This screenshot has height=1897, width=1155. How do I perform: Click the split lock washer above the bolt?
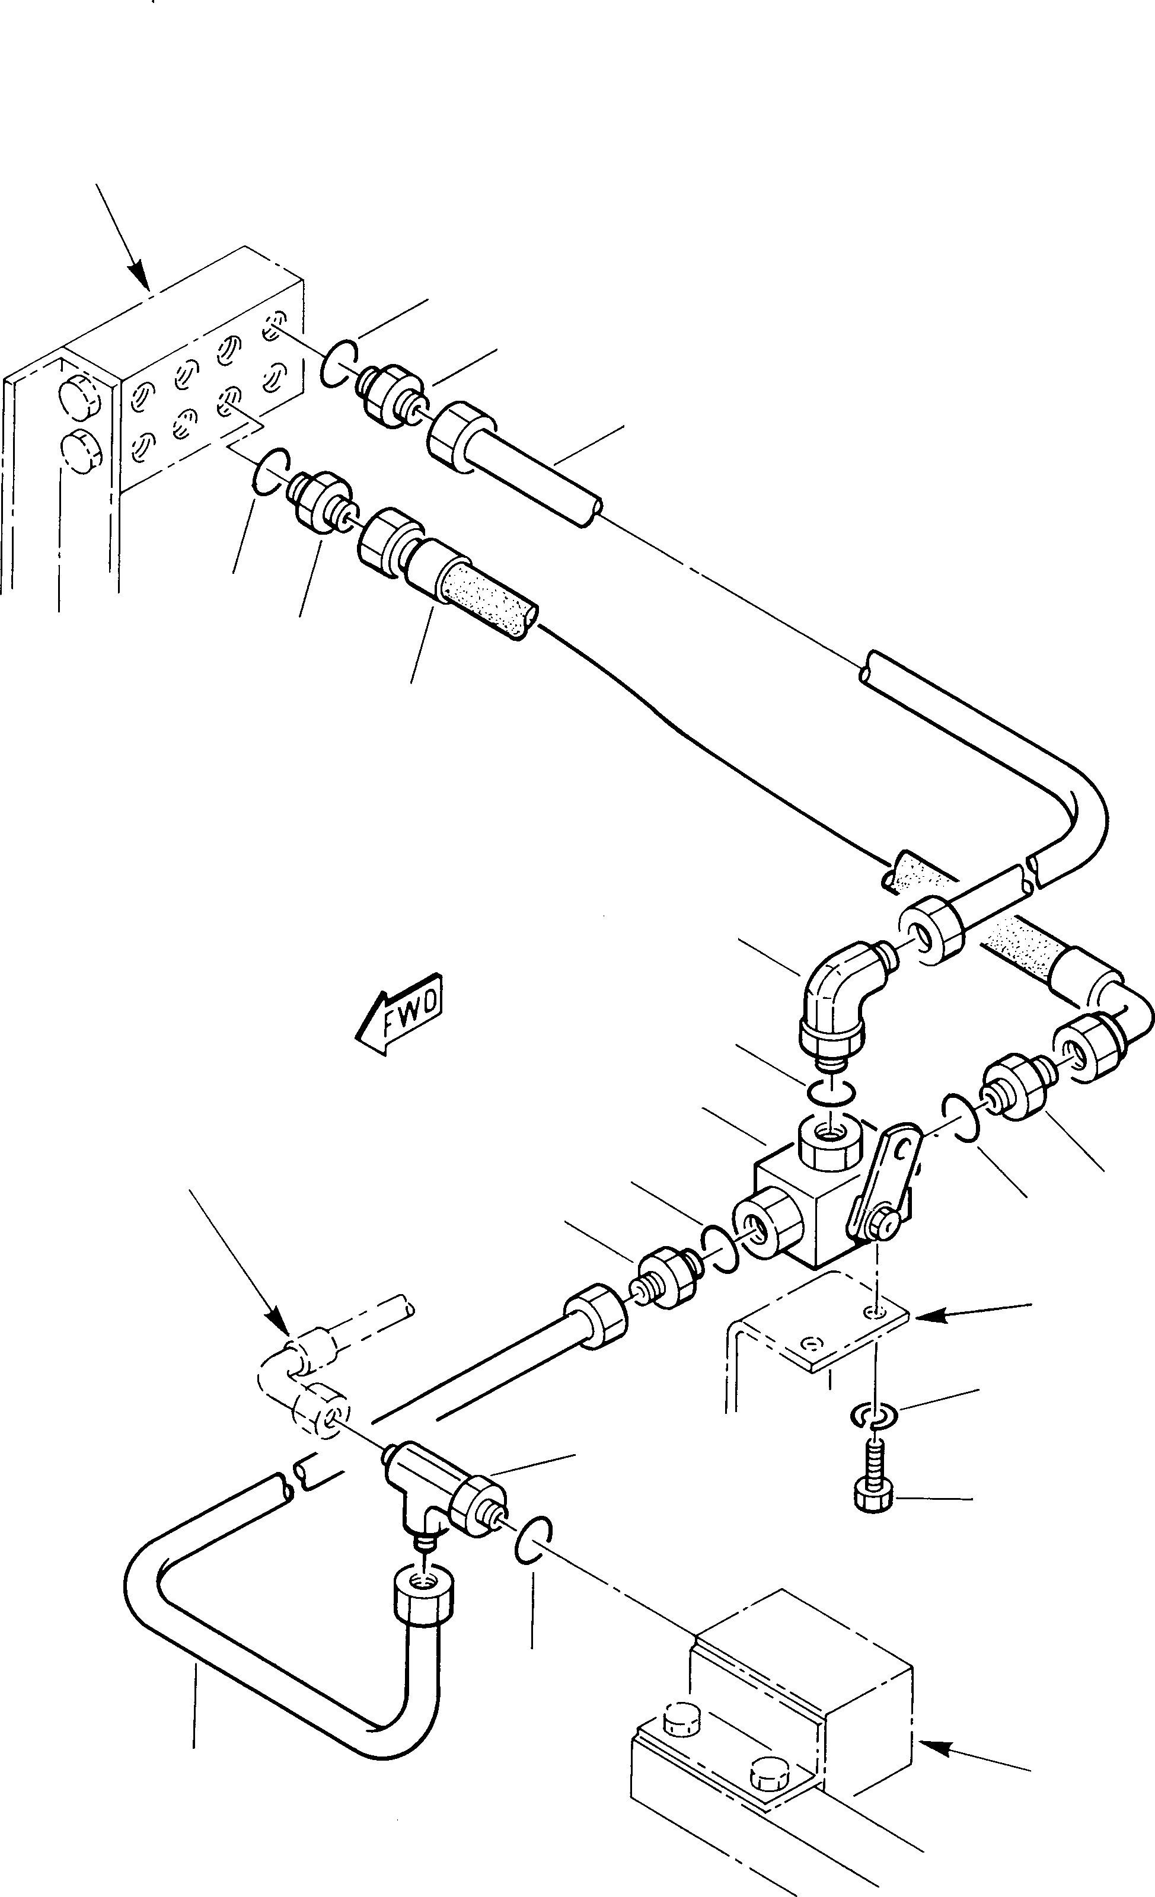click(x=872, y=1414)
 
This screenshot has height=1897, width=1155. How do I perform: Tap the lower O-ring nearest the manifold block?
click(x=270, y=470)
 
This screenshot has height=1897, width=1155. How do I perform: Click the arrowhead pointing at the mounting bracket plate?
click(x=924, y=1317)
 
